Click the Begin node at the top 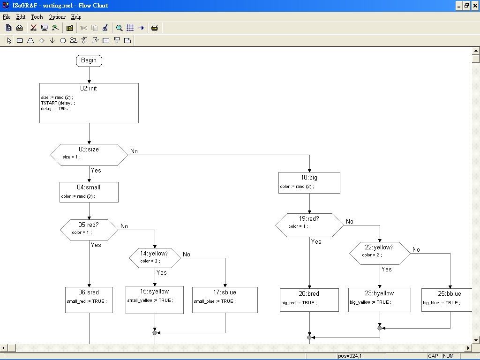pyautogui.click(x=89, y=60)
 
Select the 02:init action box pyautogui.click(x=89, y=103)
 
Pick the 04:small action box pyautogui.click(x=89, y=192)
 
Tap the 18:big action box pyautogui.click(x=309, y=182)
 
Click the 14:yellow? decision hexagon pyautogui.click(x=155, y=258)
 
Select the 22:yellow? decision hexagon pyautogui.click(x=380, y=254)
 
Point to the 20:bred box pyautogui.click(x=309, y=300)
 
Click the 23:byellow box pyautogui.click(x=379, y=300)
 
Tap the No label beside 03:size pyautogui.click(x=134, y=151)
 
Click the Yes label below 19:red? pyautogui.click(x=316, y=241)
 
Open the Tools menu pyautogui.click(x=37, y=17)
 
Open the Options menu pyautogui.click(x=57, y=17)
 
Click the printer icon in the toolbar pyautogui.click(x=155, y=28)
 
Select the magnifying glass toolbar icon pyautogui.click(x=119, y=28)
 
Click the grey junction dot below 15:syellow pyautogui.click(x=155, y=332)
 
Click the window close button pyautogui.click(x=475, y=6)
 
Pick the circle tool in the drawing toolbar pyautogui.click(x=63, y=41)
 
